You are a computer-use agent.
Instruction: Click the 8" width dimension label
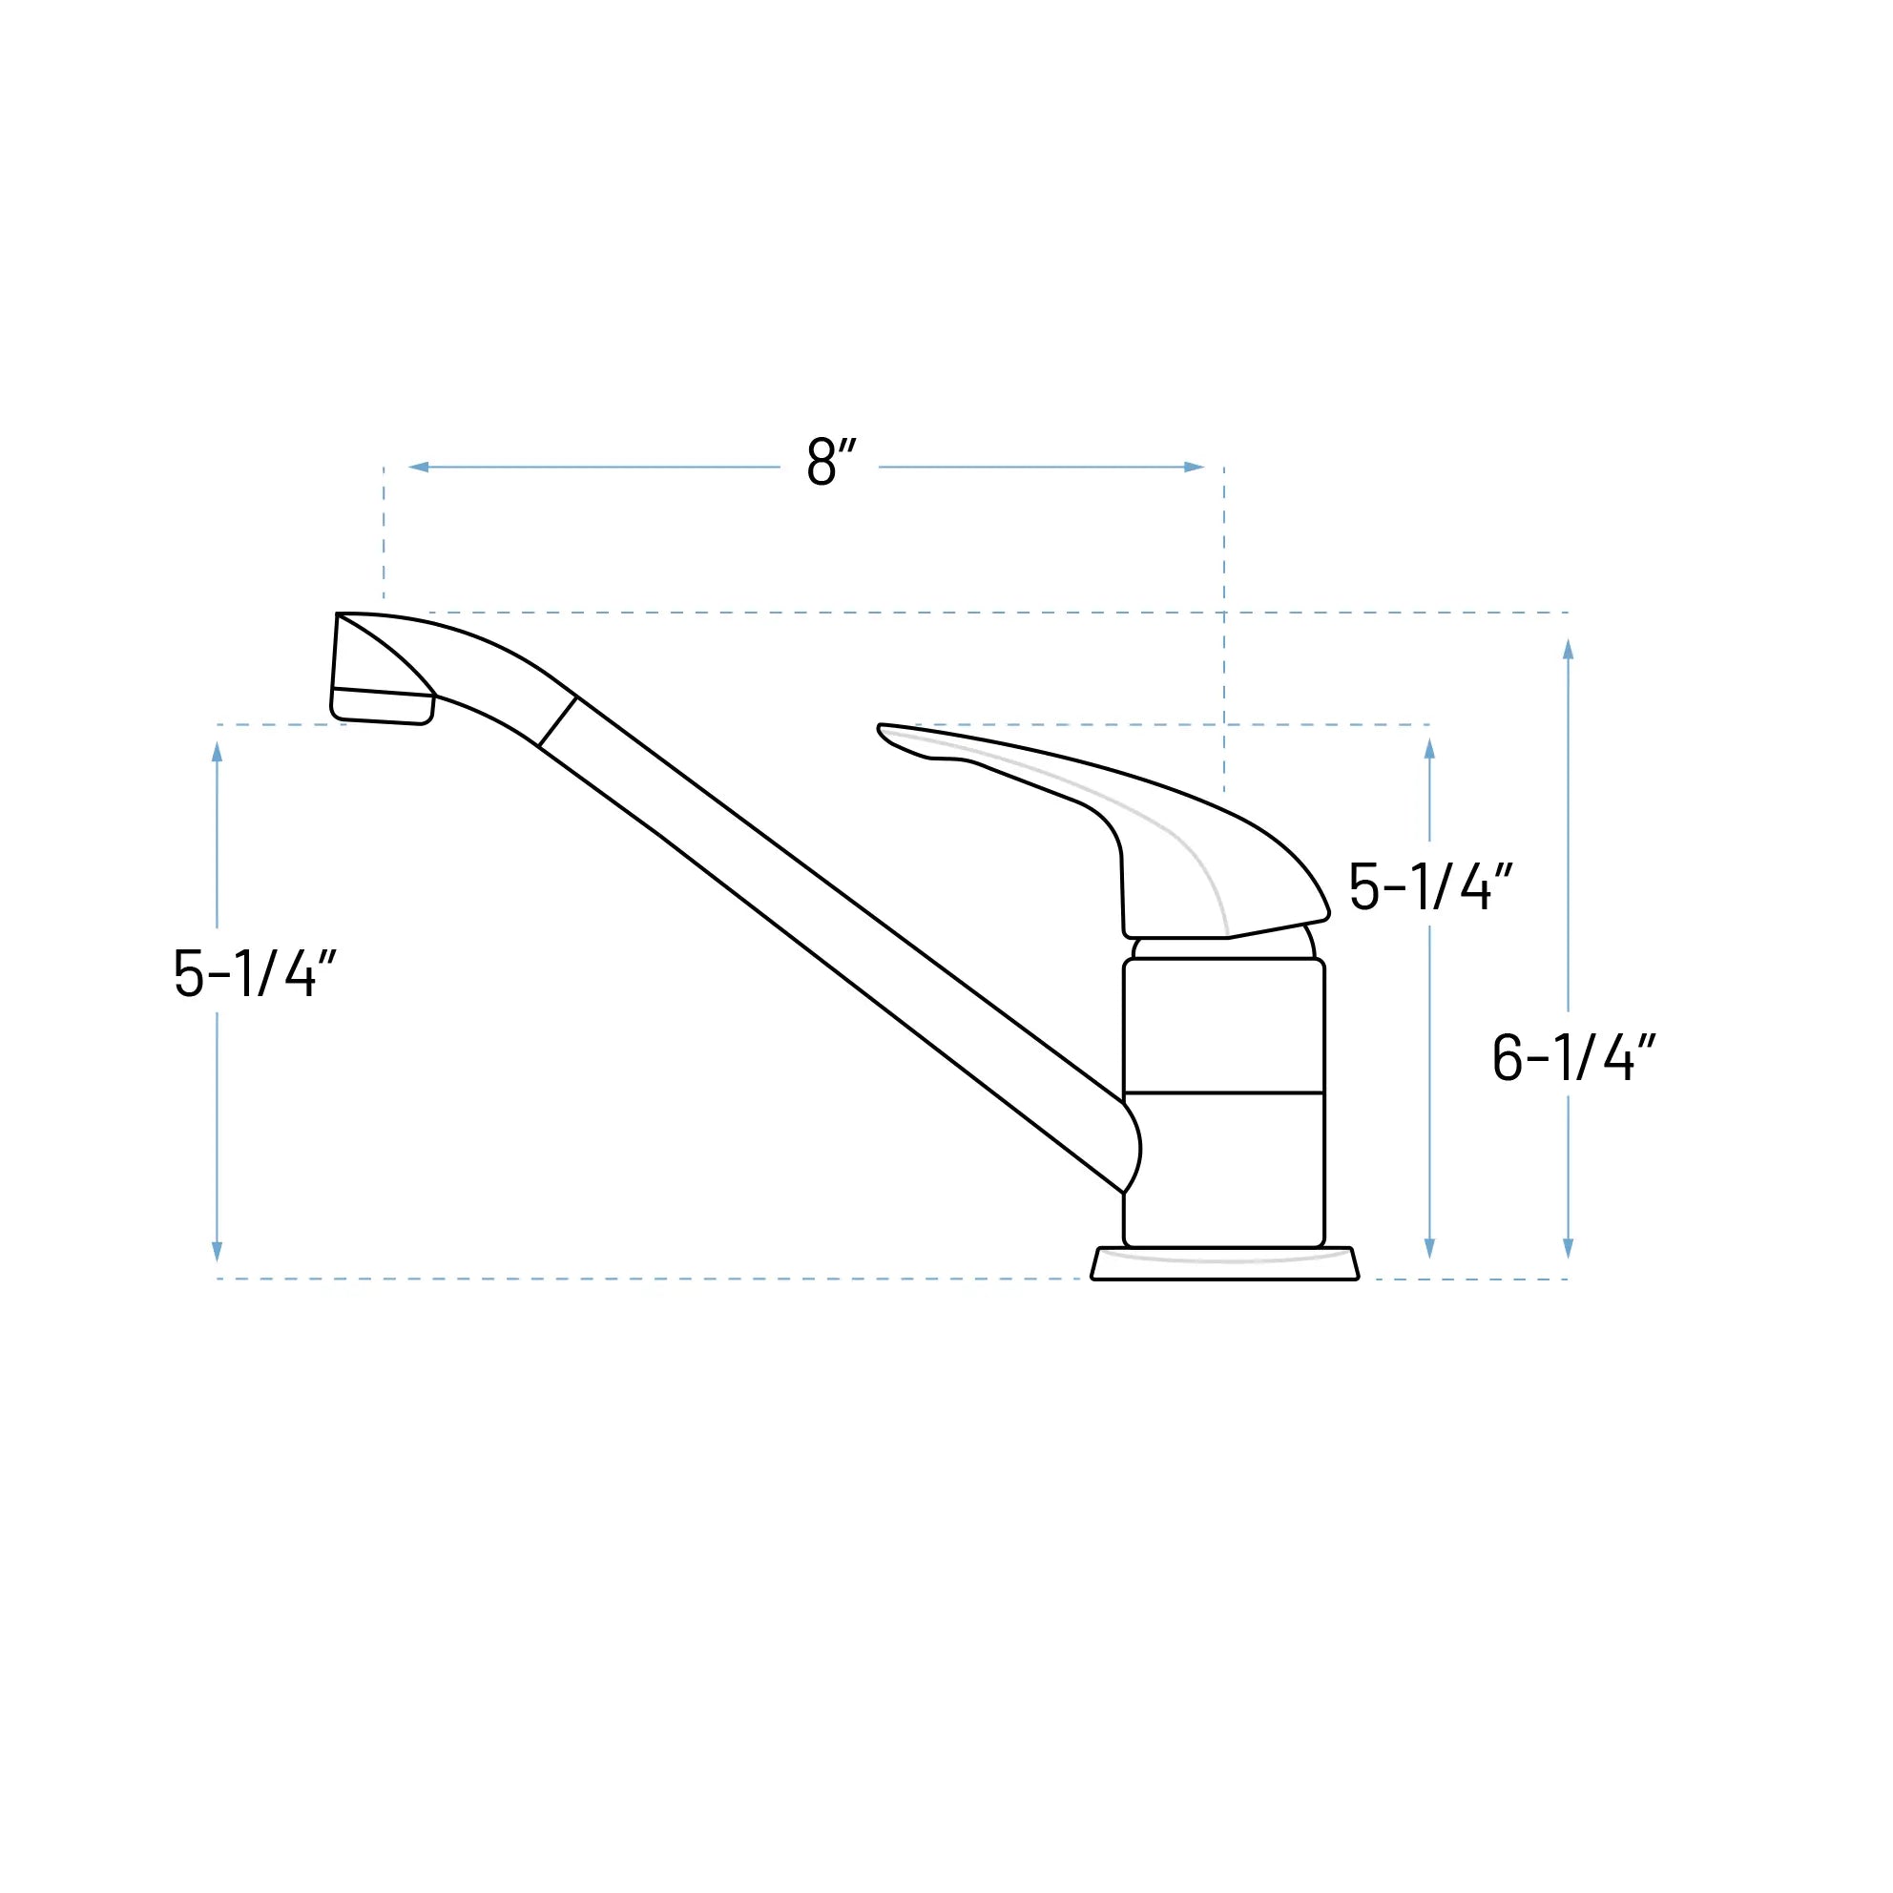[831, 463]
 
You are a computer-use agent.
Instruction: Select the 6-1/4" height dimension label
[1572, 1057]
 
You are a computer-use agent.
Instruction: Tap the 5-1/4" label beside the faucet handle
[1430, 886]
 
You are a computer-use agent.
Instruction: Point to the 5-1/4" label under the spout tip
[255, 973]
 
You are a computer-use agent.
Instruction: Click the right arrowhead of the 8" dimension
[1193, 468]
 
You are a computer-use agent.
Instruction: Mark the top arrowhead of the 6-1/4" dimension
[1568, 650]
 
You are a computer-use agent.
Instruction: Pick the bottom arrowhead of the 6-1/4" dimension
[1568, 1247]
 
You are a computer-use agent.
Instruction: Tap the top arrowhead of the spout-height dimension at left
[218, 753]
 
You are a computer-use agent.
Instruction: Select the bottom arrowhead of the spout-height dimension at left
[218, 1251]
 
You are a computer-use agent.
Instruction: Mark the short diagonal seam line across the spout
[557, 721]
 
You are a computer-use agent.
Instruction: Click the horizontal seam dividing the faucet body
[1224, 1092]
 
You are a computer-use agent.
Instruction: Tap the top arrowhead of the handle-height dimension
[1429, 750]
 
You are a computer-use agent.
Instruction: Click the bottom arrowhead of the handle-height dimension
[1429, 1247]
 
